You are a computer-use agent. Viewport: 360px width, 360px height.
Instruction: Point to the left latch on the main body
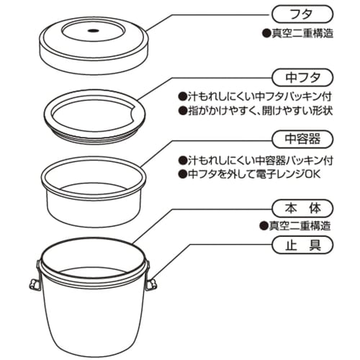pyautogui.click(x=34, y=283)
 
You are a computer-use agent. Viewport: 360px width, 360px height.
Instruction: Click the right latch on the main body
pyautogui.click(x=150, y=284)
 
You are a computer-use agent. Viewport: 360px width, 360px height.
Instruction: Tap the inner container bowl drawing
pyautogui.click(x=94, y=191)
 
